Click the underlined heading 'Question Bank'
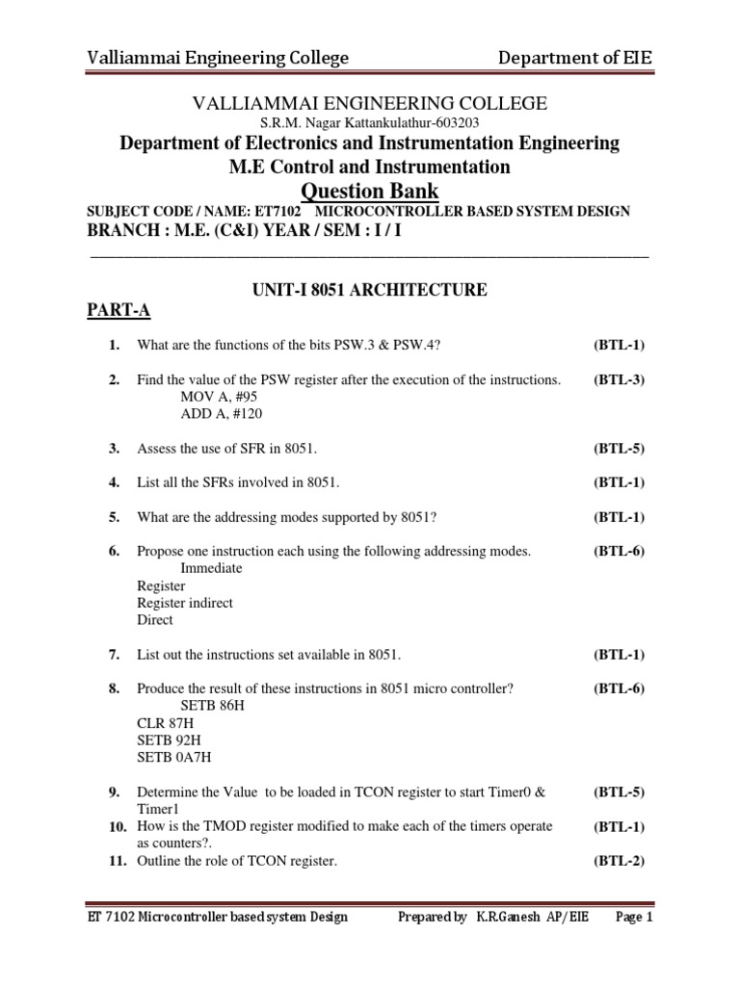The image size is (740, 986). point(370,190)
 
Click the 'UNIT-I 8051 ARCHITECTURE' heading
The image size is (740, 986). point(369,290)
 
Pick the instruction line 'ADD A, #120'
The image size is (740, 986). point(221,414)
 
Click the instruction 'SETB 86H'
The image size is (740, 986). point(211,706)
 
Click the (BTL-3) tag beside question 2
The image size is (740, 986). point(619,379)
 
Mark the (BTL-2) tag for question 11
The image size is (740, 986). point(619,862)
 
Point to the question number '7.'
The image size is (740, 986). point(114,655)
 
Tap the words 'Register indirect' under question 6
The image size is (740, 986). point(185,603)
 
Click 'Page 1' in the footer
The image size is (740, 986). point(634,918)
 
